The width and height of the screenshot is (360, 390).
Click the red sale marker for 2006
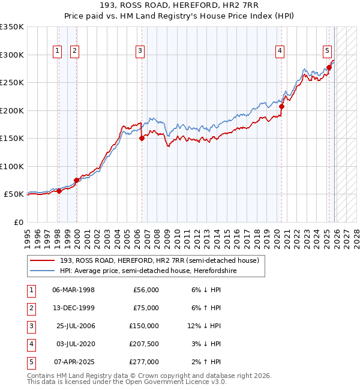[x=142, y=138]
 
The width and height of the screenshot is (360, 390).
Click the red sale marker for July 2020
[x=281, y=106]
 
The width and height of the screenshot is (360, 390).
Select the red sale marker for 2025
[x=329, y=67]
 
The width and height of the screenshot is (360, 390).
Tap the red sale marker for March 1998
[x=59, y=191]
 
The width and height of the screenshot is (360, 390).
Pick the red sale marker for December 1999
[x=76, y=180]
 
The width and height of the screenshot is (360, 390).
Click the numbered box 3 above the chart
[x=140, y=52]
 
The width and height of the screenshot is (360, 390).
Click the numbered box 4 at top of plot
[x=280, y=52]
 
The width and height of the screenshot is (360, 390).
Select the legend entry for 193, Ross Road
[x=159, y=260]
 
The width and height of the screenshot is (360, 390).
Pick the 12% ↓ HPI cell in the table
[x=204, y=326]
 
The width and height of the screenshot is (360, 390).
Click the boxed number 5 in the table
[x=31, y=362]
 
